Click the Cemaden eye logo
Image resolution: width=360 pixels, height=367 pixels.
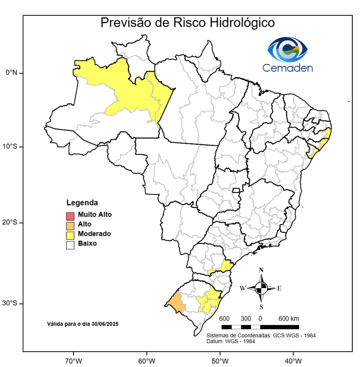click(x=287, y=49)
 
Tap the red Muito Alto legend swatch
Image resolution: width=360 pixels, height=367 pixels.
click(x=70, y=215)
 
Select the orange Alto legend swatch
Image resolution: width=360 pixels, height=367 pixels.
click(x=70, y=225)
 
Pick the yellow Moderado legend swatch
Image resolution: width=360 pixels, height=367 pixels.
click(x=70, y=234)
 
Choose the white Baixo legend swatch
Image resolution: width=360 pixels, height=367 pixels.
click(x=70, y=244)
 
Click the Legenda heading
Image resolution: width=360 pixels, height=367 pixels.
click(x=82, y=202)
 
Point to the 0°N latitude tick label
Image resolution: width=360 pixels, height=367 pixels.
click(x=11, y=73)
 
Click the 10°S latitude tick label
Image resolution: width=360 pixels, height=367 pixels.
click(x=11, y=146)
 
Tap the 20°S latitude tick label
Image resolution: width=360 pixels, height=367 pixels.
click(x=11, y=222)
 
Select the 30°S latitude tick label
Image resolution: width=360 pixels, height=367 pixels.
click(x=11, y=303)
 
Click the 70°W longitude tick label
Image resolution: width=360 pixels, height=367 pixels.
click(x=73, y=359)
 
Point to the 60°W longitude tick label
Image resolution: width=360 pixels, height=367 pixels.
click(x=146, y=359)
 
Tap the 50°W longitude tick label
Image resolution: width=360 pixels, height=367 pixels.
click(x=219, y=359)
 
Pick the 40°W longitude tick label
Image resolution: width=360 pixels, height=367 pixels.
click(x=292, y=359)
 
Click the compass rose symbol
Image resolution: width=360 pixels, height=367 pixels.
click(x=261, y=288)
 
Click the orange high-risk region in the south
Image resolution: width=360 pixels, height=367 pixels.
click(x=176, y=302)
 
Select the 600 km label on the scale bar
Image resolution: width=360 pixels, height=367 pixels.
click(x=288, y=319)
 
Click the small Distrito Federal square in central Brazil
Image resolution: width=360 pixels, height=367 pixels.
click(x=236, y=190)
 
